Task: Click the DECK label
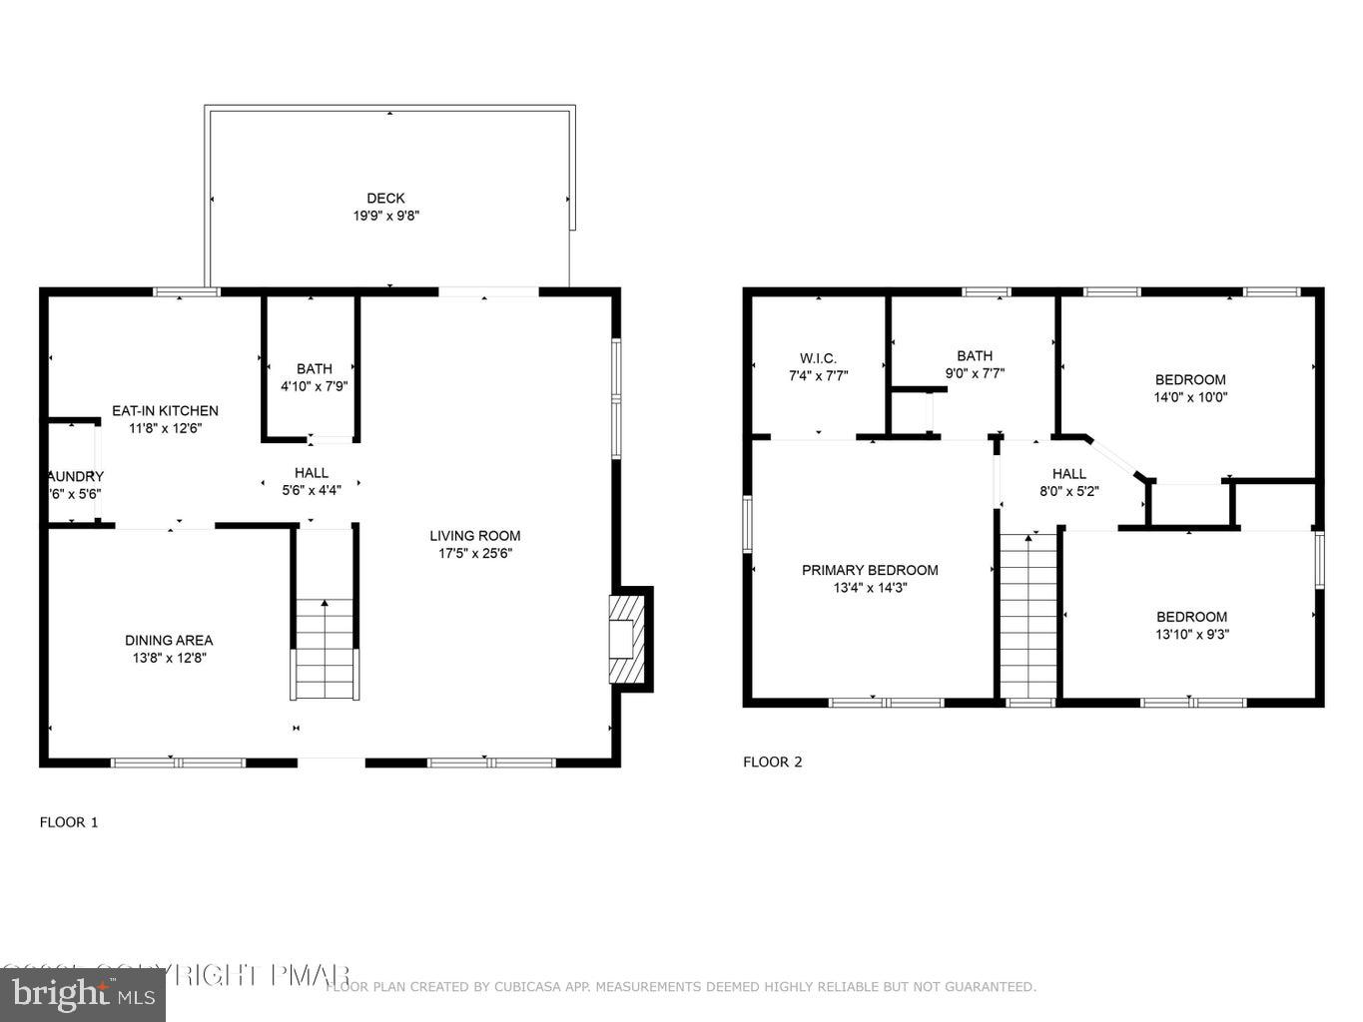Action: pyautogui.click(x=385, y=198)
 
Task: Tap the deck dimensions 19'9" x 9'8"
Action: pyautogui.click(x=385, y=216)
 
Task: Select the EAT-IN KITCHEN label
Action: pyautogui.click(x=165, y=410)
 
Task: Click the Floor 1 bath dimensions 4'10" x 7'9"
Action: pyautogui.click(x=314, y=386)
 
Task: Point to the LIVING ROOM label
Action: pyautogui.click(x=475, y=535)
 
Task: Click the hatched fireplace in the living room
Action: pyautogui.click(x=626, y=639)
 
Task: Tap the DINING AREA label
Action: pyautogui.click(x=169, y=640)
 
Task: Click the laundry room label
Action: pyautogui.click(x=75, y=476)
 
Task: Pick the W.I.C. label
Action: pyautogui.click(x=818, y=358)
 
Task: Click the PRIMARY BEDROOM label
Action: pyautogui.click(x=870, y=570)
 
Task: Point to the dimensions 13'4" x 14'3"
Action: pyautogui.click(x=870, y=588)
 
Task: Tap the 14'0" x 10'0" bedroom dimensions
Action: pyautogui.click(x=1190, y=396)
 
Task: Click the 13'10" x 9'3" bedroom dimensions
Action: pyautogui.click(x=1191, y=634)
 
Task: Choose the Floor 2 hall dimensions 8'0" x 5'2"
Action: pyautogui.click(x=1068, y=491)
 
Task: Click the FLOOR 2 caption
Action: pyautogui.click(x=772, y=762)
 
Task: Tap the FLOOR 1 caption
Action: pyautogui.click(x=69, y=822)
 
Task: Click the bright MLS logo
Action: pyautogui.click(x=83, y=994)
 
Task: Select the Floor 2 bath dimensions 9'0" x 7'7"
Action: pyautogui.click(x=975, y=373)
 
